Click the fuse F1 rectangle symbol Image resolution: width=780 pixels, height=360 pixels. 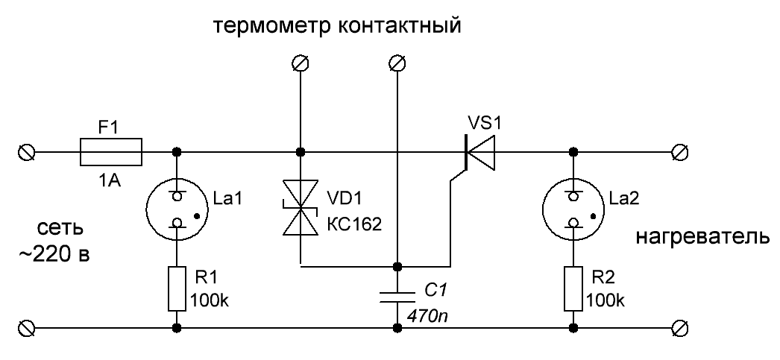pos(111,152)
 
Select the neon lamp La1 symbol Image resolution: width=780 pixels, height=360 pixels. pos(177,209)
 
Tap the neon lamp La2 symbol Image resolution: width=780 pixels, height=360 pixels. pos(573,209)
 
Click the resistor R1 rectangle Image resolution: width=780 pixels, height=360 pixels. pos(177,288)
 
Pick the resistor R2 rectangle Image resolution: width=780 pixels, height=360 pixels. pos(573,288)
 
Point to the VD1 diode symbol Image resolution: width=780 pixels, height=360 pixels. pos(301,212)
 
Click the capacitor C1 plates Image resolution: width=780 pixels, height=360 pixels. pos(398,297)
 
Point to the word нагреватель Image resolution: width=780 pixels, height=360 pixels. pos(702,239)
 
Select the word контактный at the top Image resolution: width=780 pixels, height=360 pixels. pos(402,28)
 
